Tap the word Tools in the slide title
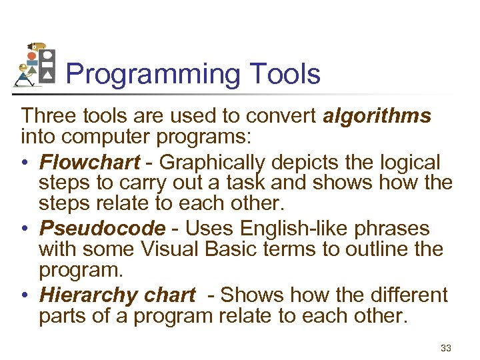pyautogui.click(x=282, y=74)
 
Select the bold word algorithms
pyautogui.click(x=377, y=117)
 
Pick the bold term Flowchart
pyautogui.click(x=89, y=162)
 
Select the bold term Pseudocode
pyautogui.click(x=102, y=228)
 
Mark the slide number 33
pyautogui.click(x=446, y=347)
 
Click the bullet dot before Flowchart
pyautogui.click(x=25, y=163)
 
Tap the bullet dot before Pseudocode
pyautogui.click(x=25, y=229)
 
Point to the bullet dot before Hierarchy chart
pyautogui.click(x=25, y=295)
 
